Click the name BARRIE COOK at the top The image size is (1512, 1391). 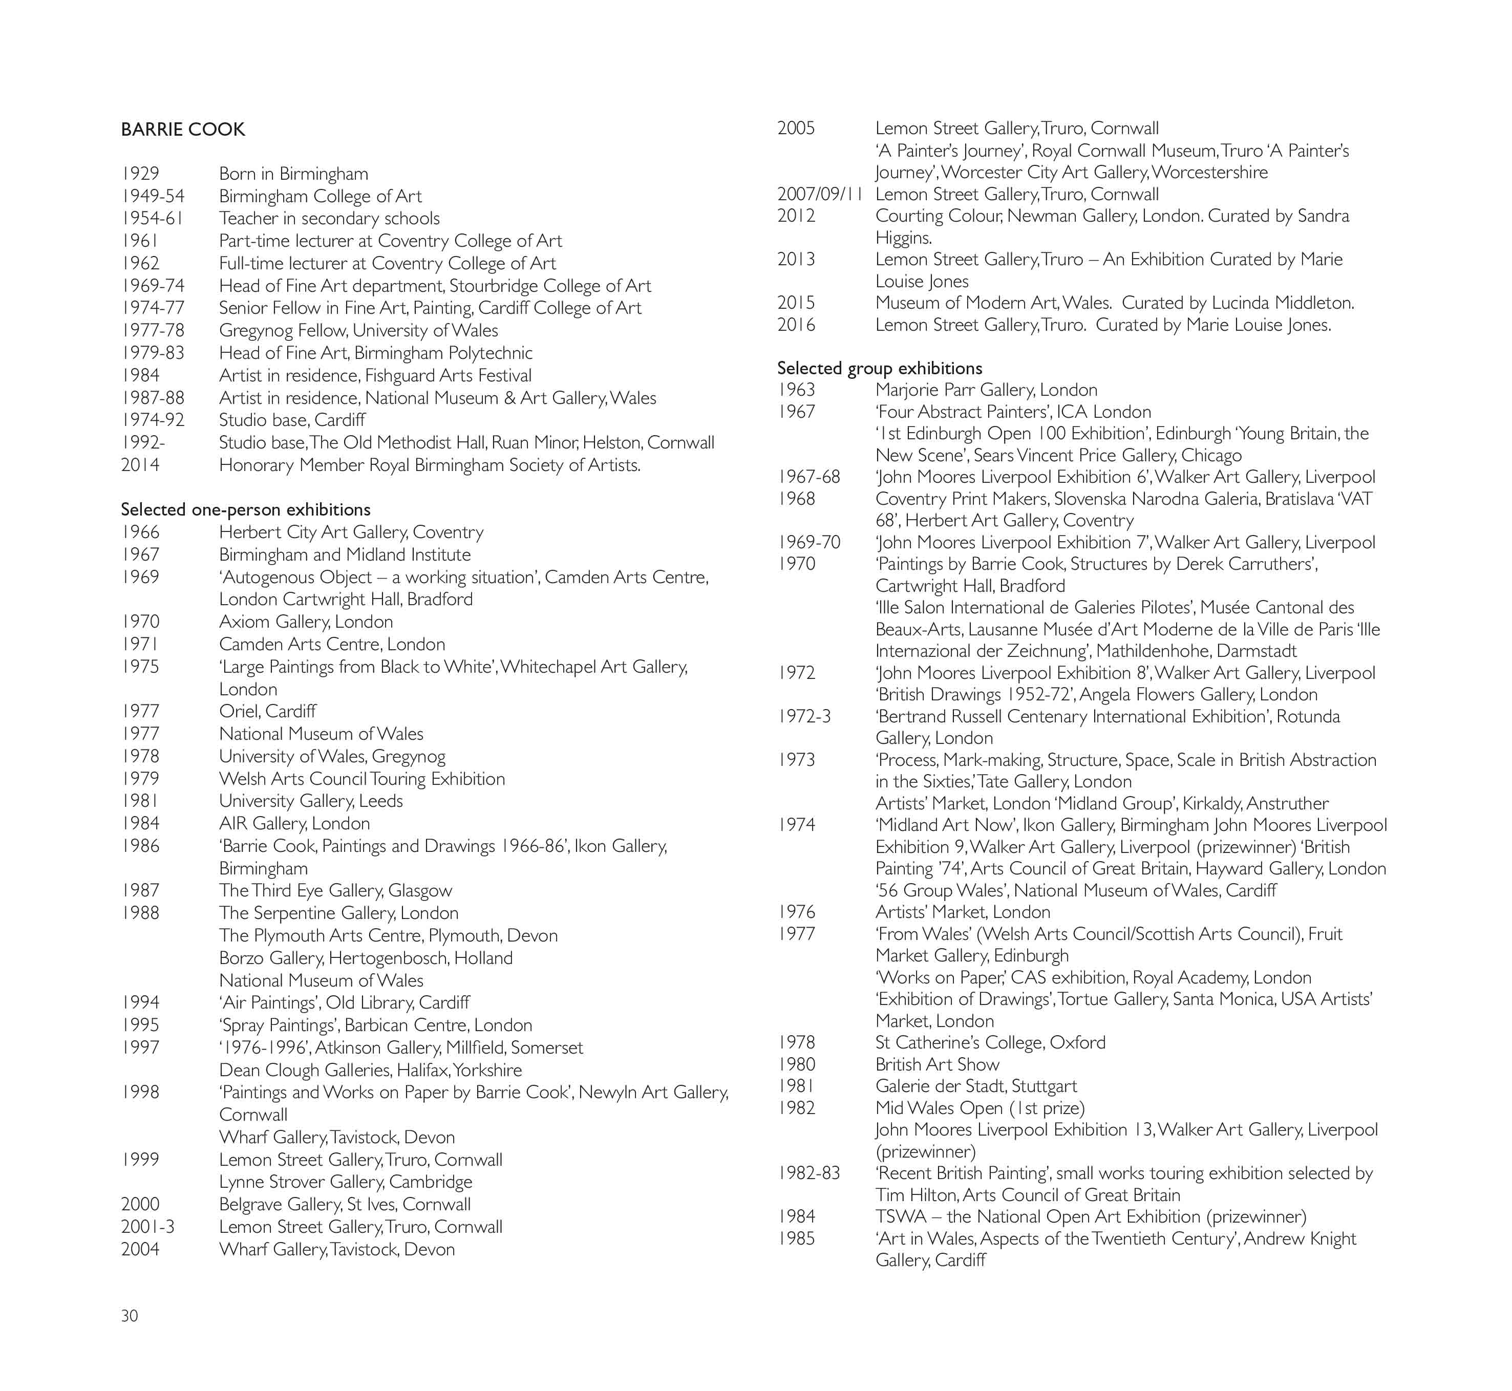tap(183, 130)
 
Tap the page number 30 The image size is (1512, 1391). tap(130, 1315)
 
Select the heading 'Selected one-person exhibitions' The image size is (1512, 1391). tap(245, 509)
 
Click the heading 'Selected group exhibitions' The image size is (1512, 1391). tap(879, 368)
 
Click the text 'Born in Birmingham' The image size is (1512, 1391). tap(293, 174)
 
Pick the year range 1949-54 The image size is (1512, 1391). tap(153, 197)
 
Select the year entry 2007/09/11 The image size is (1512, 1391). tap(820, 194)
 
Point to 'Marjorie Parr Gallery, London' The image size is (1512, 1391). tap(986, 390)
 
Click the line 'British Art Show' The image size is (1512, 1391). tap(937, 1064)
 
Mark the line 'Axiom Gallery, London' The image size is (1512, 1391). tap(306, 622)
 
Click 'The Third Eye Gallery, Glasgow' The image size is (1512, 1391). tap(336, 890)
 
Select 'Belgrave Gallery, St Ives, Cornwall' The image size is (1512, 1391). tap(345, 1204)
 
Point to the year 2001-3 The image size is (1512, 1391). tap(147, 1227)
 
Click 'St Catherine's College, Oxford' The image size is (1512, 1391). tap(990, 1042)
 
